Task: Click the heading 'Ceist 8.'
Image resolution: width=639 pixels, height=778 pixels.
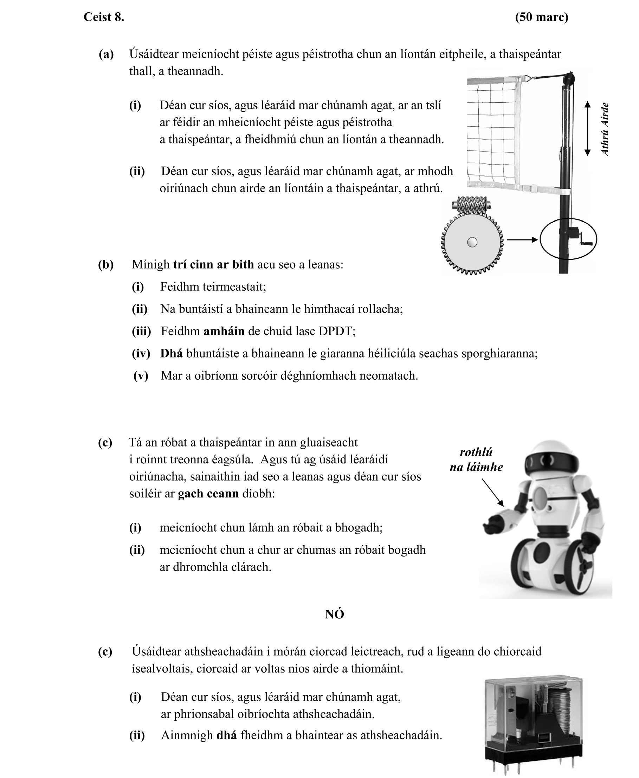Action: point(104,17)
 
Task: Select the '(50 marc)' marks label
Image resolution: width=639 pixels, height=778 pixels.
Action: point(541,17)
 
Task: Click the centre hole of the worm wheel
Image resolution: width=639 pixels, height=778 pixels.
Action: point(472,242)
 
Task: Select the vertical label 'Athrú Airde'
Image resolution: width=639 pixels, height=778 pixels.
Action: point(605,130)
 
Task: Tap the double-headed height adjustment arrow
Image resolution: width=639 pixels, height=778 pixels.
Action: point(587,129)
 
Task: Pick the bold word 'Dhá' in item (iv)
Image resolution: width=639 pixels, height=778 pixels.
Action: point(171,353)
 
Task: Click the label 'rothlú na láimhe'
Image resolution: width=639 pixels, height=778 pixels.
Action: point(476,459)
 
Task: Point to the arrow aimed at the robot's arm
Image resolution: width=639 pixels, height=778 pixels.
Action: point(492,492)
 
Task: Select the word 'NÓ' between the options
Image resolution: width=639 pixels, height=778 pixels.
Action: point(334,615)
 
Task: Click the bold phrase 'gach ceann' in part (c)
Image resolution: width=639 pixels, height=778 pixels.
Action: point(208,493)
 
